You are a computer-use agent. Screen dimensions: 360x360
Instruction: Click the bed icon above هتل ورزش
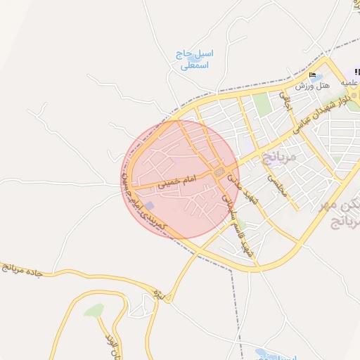pyautogui.click(x=312, y=75)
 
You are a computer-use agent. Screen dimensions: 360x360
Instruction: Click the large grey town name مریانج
pyautogui.click(x=280, y=156)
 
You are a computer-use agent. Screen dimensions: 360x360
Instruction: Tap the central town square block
pyautogui.click(x=219, y=172)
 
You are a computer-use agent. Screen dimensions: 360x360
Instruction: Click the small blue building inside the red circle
pyautogui.click(x=150, y=205)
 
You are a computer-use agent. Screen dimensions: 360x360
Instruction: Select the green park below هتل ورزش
pyautogui.click(x=262, y=105)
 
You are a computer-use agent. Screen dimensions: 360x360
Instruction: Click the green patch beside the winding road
pyautogui.click(x=94, y=310)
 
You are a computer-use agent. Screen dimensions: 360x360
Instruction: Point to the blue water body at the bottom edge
pyautogui.click(x=262, y=353)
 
